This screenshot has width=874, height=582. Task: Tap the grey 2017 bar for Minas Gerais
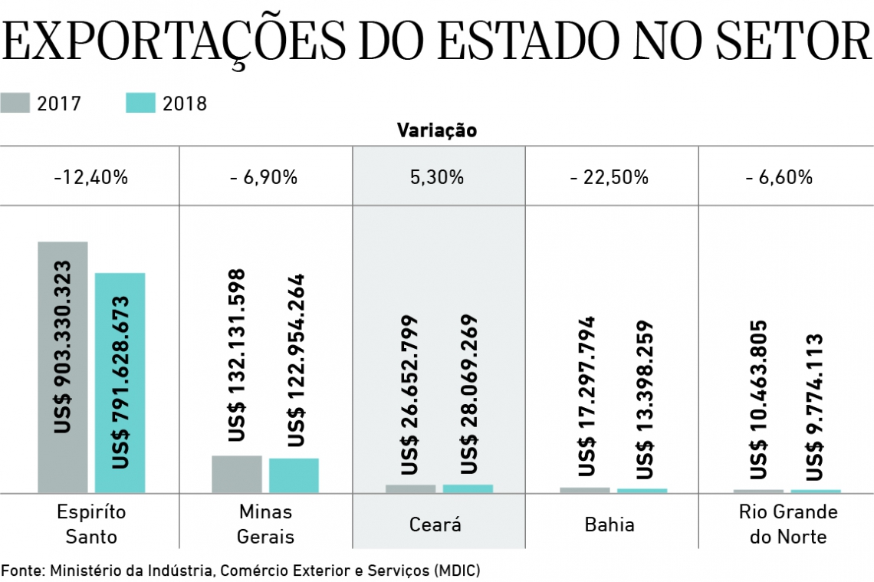pos(236,474)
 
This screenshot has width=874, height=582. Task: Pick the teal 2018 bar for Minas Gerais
pos(294,475)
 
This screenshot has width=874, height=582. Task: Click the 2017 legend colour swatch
pos(15,103)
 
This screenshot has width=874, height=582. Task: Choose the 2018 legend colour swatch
pos(141,103)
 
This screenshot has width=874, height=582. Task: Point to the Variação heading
pos(436,130)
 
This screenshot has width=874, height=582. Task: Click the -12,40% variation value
pos(90,178)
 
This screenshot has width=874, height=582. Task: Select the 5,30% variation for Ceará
pos(438,178)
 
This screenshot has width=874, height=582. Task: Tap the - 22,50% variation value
pos(610,178)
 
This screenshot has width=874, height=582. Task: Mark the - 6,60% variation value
pos(778,178)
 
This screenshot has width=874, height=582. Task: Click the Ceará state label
pos(435,525)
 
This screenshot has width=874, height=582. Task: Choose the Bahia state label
pos(609,525)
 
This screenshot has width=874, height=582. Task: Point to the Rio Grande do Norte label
pos(788,524)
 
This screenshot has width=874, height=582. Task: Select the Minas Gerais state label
pos(265,524)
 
